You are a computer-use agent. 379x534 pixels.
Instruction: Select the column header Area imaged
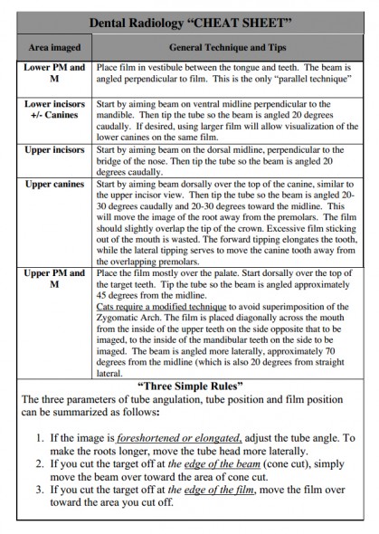[x=56, y=47]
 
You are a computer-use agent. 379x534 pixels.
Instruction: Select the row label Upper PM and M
[x=56, y=278]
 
